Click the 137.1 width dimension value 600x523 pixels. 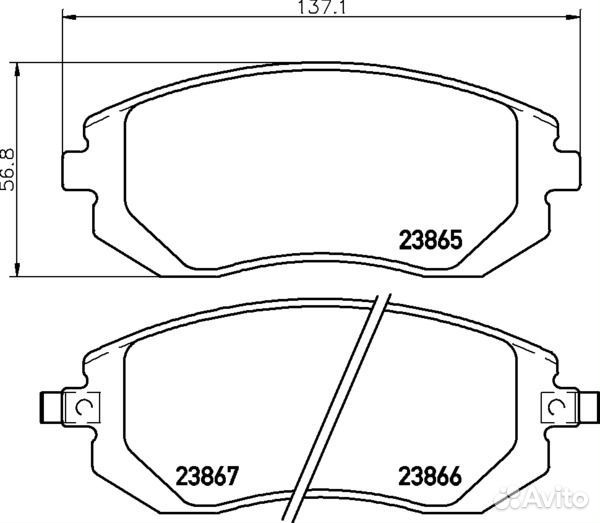point(320,9)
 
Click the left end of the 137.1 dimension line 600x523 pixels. point(63,19)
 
